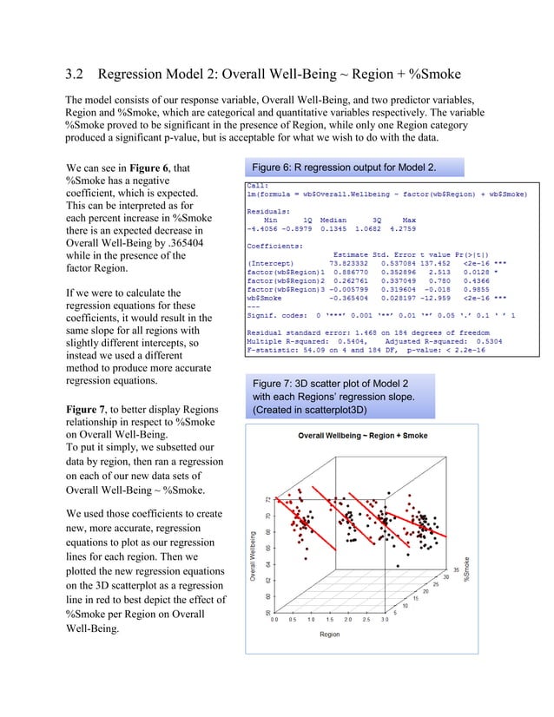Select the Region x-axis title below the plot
[x=330, y=635]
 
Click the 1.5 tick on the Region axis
[x=330, y=620]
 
